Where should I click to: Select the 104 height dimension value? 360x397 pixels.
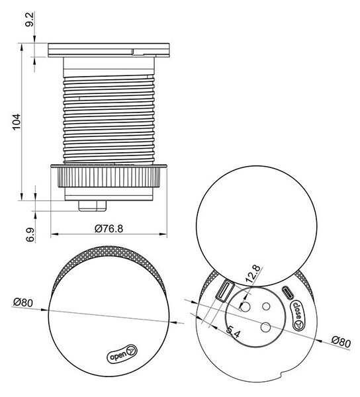pyautogui.click(x=17, y=122)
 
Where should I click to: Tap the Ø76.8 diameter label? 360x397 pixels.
pyautogui.click(x=109, y=229)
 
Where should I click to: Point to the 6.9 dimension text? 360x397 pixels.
pyautogui.click(x=30, y=235)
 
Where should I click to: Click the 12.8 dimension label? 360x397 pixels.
pyautogui.click(x=253, y=274)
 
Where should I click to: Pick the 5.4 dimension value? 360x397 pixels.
pyautogui.click(x=233, y=332)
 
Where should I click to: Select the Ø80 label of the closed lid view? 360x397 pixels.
pyautogui.click(x=23, y=302)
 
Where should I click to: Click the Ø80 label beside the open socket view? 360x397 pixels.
pyautogui.click(x=341, y=342)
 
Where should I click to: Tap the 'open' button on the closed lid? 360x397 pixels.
pyautogui.click(x=122, y=353)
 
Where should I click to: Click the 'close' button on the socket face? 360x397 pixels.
pyautogui.click(x=298, y=315)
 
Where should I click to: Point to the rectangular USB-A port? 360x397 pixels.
pyautogui.click(x=225, y=292)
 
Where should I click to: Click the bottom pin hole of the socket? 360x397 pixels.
pyautogui.click(x=265, y=328)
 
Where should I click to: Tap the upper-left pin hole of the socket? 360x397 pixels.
pyautogui.click(x=245, y=307)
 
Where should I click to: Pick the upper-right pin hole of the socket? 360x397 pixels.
pyautogui.click(x=266, y=306)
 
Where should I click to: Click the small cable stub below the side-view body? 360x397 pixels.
pyautogui.click(x=93, y=206)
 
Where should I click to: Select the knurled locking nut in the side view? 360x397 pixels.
pyautogui.click(x=109, y=177)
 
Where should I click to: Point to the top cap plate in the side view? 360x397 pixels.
pyautogui.click(x=109, y=50)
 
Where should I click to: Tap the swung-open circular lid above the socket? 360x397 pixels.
pyautogui.click(x=256, y=226)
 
